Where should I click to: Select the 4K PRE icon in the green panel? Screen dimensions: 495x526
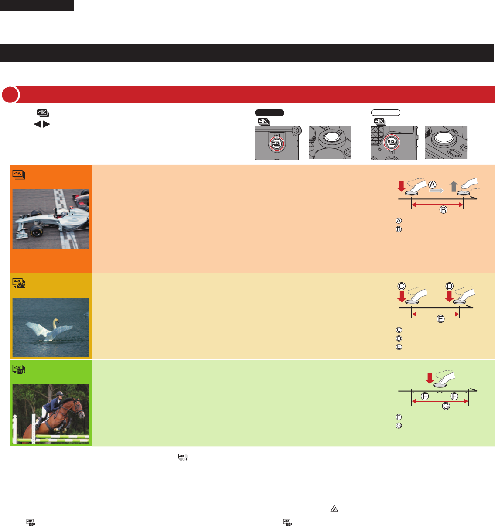coord(19,369)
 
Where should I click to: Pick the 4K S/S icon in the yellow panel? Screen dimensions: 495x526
coord(19,283)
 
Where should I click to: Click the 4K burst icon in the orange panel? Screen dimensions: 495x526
coord(19,174)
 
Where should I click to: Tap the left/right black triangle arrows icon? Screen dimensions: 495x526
coord(42,124)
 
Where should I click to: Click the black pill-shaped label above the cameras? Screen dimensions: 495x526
coord(270,113)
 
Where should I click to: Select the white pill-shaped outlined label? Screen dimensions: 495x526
coord(386,113)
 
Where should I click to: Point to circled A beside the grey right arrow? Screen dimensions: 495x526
coord(432,185)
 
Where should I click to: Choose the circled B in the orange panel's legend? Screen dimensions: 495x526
coord(399,229)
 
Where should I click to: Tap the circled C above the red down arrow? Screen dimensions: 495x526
coord(402,287)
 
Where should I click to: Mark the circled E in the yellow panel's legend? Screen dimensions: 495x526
coord(399,347)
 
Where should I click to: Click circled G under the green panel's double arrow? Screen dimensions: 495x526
coord(446,406)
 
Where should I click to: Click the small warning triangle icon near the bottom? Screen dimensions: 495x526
coord(334,509)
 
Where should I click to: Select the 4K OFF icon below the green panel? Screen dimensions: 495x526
coord(183,457)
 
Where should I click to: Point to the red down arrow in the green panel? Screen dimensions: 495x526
coord(430,378)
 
